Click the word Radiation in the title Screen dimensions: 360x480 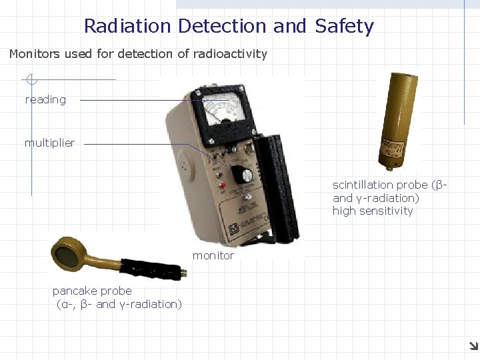tap(127, 27)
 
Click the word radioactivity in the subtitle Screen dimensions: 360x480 tap(230, 54)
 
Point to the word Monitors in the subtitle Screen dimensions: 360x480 tap(34, 54)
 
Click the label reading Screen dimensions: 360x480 tap(45, 100)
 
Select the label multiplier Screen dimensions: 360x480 tap(49, 143)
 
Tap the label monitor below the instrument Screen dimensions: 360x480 tap(213, 255)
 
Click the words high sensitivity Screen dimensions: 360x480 tap(373, 211)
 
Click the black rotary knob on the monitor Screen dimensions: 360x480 tap(247, 175)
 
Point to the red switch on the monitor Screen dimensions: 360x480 tap(223, 185)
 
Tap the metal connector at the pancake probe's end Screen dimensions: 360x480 tap(181, 273)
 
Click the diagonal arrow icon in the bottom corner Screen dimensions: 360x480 tap(472, 345)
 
